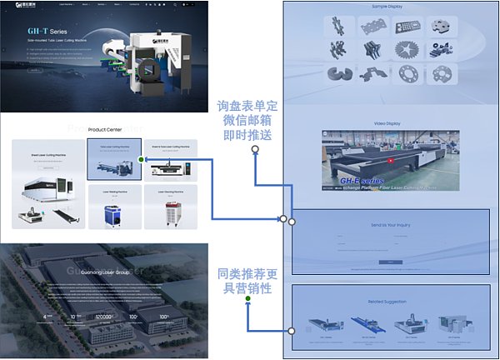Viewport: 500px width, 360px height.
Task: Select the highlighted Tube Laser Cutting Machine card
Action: point(114,159)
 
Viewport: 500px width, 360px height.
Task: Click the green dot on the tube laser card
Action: point(142,158)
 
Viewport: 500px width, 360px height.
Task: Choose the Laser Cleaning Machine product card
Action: point(170,207)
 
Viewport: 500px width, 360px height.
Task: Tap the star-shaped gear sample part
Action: point(443,50)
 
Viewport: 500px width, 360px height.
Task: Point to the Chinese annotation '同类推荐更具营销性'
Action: point(247,279)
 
